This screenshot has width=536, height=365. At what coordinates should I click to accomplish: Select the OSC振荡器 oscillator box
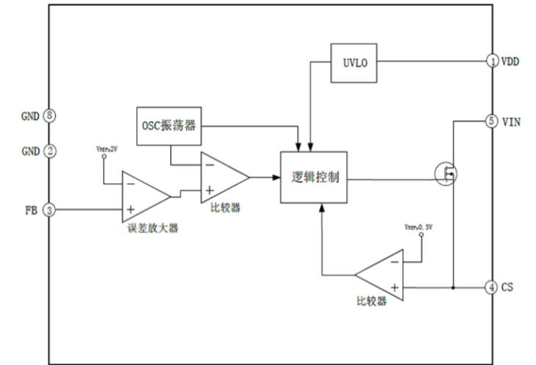pyautogui.click(x=169, y=126)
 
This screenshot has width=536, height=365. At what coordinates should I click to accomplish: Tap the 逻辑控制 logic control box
pyautogui.click(x=315, y=178)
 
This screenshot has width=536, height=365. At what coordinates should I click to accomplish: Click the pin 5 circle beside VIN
pyautogui.click(x=493, y=121)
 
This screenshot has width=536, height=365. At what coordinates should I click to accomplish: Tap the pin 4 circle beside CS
pyautogui.click(x=493, y=287)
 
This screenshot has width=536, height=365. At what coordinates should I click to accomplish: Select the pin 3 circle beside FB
pyautogui.click(x=49, y=210)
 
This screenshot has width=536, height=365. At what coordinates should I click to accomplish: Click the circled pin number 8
pyautogui.click(x=49, y=115)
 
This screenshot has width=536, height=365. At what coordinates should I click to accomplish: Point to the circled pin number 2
pyautogui.click(x=49, y=151)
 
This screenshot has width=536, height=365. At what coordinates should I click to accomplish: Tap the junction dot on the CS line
pyautogui.click(x=453, y=287)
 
